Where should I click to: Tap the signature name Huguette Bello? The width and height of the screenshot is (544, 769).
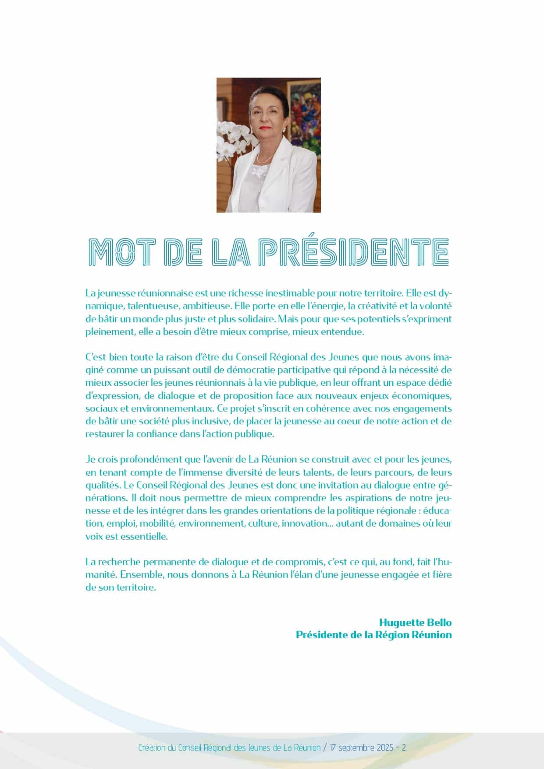point(415,623)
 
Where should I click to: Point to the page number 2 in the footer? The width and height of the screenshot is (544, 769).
point(404,748)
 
